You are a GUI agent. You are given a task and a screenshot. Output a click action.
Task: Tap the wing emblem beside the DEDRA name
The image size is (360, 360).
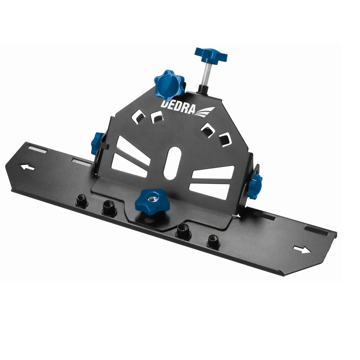click(204, 112)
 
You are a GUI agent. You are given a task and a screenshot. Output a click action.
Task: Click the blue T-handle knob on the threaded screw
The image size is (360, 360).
click(211, 55)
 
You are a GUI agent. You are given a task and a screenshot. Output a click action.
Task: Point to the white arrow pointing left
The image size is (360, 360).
click(28, 167)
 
